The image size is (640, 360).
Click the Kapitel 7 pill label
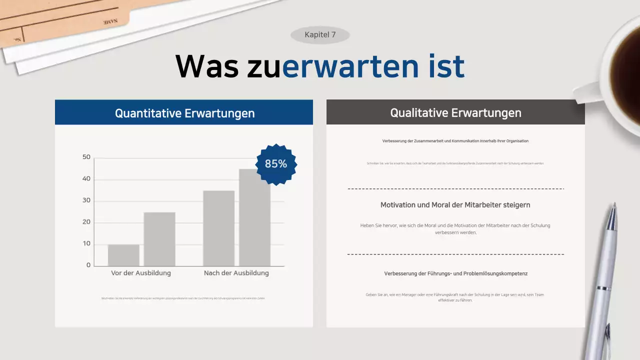coord(320,35)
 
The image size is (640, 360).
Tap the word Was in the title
coord(207,66)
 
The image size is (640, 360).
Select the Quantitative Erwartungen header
coord(184,113)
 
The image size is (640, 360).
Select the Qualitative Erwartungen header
coord(455,112)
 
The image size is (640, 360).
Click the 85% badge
coord(276,163)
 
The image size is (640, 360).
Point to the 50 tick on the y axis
coord(86,157)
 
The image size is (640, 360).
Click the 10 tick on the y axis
coord(86,243)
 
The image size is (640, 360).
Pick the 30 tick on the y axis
coord(86,200)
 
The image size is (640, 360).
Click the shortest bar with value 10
coord(123,255)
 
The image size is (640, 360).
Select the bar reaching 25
coord(159,239)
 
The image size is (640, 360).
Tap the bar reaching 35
coord(218,228)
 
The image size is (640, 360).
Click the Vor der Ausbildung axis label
coord(141,273)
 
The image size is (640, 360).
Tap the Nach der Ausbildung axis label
coord(236,273)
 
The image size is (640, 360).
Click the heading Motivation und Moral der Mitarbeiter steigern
coord(455,205)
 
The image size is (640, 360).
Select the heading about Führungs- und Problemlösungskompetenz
coord(455,273)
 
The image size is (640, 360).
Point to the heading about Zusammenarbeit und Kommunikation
coord(455,141)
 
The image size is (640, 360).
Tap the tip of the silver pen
coord(614,205)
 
